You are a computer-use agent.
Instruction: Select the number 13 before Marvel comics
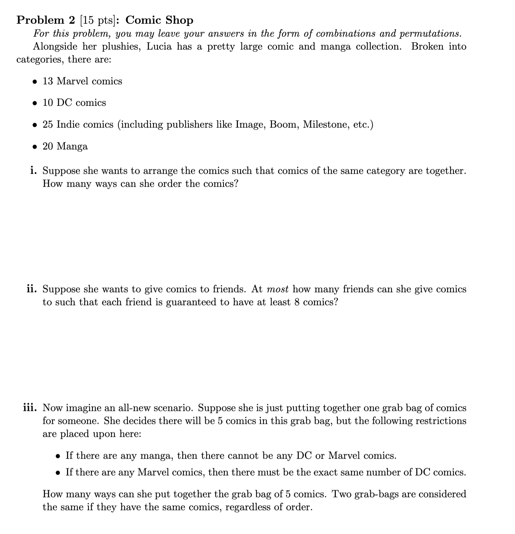(48, 81)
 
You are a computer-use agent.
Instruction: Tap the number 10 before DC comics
(48, 102)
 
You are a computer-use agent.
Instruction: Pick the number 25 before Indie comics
(48, 124)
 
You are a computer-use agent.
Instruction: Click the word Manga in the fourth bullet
(72, 146)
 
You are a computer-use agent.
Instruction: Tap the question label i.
(34, 171)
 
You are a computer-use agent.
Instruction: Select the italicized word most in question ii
(277, 289)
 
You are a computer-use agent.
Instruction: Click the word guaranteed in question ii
(191, 302)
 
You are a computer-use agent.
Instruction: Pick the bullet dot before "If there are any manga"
(58, 456)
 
